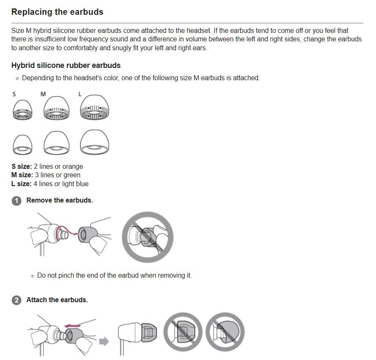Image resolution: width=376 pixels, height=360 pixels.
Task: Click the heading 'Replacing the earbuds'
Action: click(x=57, y=12)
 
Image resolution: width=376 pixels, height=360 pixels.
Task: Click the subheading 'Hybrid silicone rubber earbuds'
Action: click(x=66, y=65)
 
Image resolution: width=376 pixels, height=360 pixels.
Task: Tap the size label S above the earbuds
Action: click(x=14, y=94)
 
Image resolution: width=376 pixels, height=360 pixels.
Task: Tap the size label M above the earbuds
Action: click(x=43, y=94)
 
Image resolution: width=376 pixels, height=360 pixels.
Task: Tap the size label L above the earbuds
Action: click(x=80, y=94)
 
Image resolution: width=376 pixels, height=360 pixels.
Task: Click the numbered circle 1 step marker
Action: click(x=16, y=201)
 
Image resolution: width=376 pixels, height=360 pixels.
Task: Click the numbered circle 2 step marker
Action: click(x=16, y=300)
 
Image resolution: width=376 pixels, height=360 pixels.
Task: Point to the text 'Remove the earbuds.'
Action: click(x=60, y=200)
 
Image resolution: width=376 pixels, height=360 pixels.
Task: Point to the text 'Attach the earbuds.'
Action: click(x=57, y=300)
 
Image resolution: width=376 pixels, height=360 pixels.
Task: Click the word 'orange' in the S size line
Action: click(x=72, y=166)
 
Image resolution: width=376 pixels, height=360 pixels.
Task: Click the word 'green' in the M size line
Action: click(x=72, y=175)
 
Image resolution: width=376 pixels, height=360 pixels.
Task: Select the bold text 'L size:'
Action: click(x=22, y=184)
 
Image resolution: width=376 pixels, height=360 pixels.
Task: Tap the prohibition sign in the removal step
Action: click(x=147, y=237)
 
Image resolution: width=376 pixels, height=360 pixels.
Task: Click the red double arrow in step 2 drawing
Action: click(x=73, y=325)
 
